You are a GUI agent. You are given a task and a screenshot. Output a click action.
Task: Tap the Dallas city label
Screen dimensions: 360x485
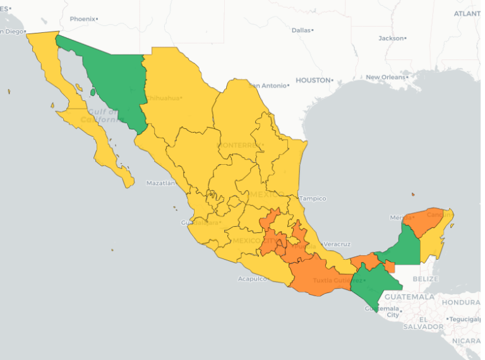tap(301, 30)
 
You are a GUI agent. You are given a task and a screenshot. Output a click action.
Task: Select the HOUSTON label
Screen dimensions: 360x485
tap(313, 80)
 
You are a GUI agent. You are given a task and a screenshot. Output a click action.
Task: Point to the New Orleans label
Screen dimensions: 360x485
tap(384, 77)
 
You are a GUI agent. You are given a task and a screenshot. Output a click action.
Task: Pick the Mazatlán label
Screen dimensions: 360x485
tap(160, 183)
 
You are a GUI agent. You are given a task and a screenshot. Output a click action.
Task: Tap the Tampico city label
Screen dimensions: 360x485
tap(313, 198)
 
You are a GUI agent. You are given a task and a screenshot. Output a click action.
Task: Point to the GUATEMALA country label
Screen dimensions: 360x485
tap(409, 296)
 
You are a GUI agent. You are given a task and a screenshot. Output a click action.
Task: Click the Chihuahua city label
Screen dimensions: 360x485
tap(163, 98)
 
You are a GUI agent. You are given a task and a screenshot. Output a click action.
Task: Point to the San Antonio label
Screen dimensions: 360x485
tap(268, 85)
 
